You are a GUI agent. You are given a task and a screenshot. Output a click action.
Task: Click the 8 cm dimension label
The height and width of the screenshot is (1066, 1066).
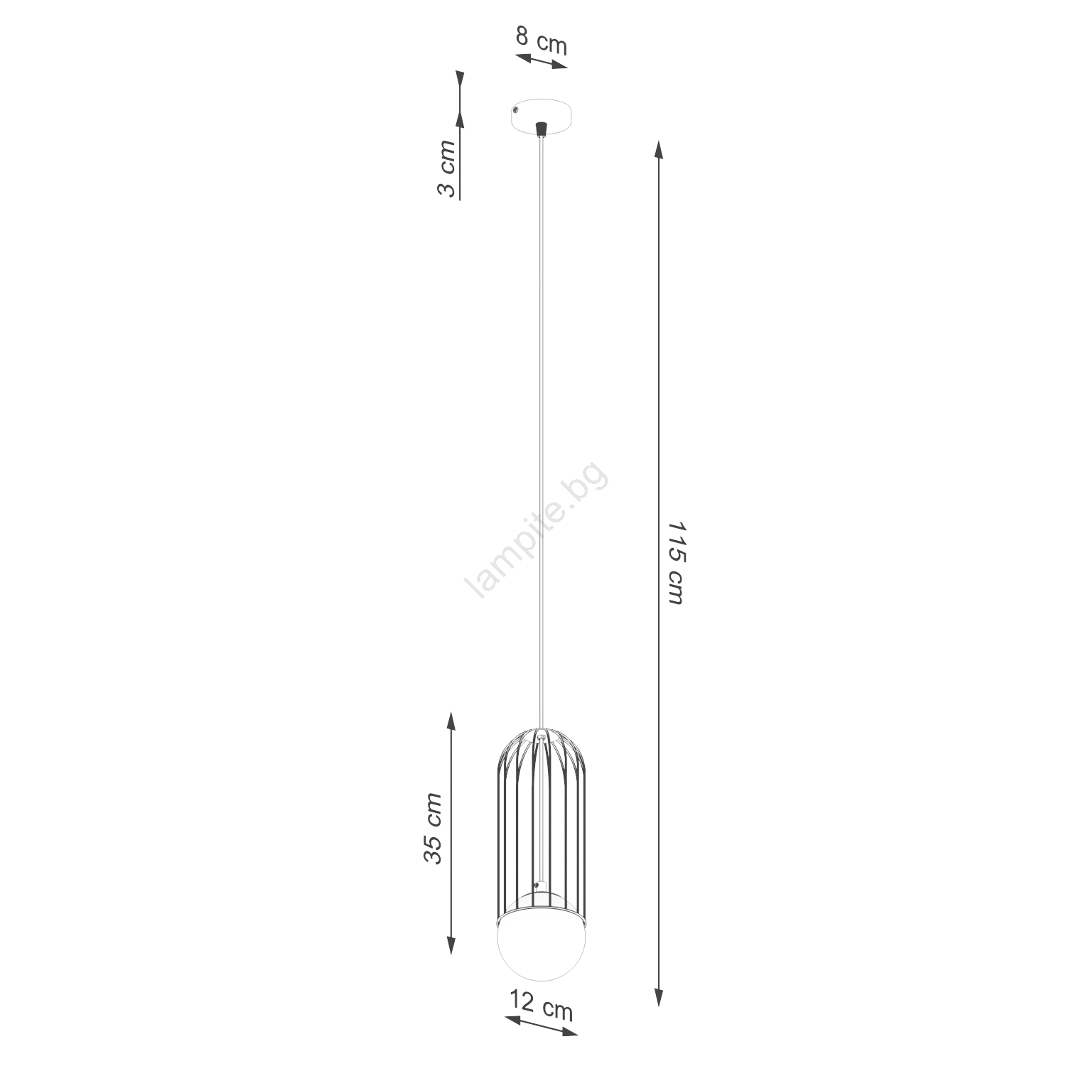(x=542, y=41)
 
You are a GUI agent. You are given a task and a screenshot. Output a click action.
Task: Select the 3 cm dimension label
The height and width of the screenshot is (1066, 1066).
(x=446, y=169)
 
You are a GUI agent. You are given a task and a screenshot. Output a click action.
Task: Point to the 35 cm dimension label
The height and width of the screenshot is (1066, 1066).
(x=433, y=828)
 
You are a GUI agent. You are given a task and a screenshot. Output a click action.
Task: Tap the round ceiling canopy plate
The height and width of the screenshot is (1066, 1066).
(x=542, y=117)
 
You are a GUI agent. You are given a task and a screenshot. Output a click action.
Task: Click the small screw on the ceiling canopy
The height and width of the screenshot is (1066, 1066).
(x=517, y=110)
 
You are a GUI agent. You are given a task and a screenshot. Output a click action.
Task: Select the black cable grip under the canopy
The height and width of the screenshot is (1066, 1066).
(x=542, y=129)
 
